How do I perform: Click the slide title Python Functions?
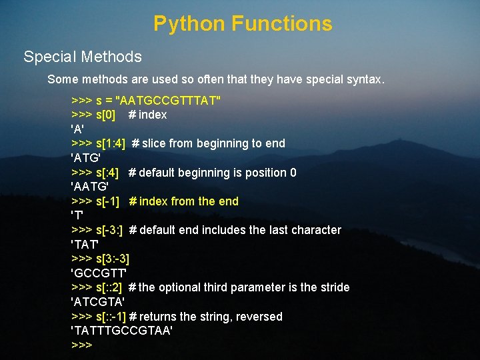tap(243, 24)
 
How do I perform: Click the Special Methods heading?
tap(83, 57)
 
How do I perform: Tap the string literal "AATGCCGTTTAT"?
tap(169, 100)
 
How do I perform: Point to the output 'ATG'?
tap(85, 158)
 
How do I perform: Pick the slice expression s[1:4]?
tap(111, 143)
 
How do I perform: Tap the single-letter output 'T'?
tap(77, 216)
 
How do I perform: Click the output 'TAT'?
tap(85, 244)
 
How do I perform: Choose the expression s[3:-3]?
tap(113, 259)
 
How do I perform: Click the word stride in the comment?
tap(334, 287)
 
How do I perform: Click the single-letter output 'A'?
tap(77, 129)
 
